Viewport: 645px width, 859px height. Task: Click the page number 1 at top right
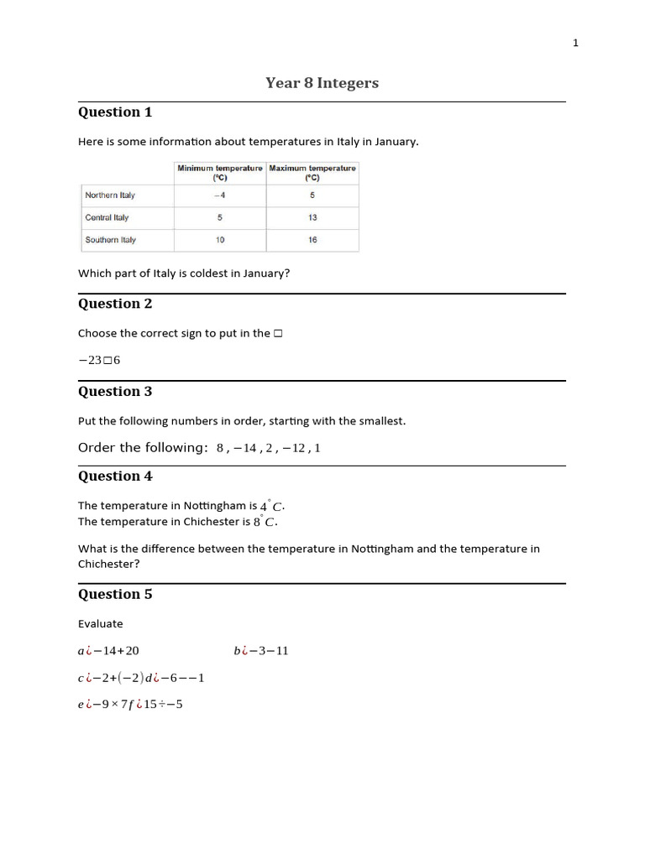pyautogui.click(x=575, y=43)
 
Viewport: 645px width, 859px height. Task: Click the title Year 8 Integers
pyautogui.click(x=322, y=82)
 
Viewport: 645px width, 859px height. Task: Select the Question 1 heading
pyautogui.click(x=115, y=112)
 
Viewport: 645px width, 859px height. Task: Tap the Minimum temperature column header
pyautogui.click(x=219, y=173)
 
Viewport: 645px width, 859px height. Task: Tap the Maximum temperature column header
pyautogui.click(x=312, y=173)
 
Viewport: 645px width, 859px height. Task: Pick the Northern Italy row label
pyautogui.click(x=110, y=195)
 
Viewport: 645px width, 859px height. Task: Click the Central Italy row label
pyautogui.click(x=107, y=217)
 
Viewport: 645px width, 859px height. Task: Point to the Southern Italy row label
pyautogui.click(x=110, y=240)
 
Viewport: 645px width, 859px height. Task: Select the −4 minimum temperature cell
pyautogui.click(x=219, y=195)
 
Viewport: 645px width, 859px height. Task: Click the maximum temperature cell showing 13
pyautogui.click(x=312, y=217)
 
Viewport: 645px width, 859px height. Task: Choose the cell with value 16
pyautogui.click(x=312, y=240)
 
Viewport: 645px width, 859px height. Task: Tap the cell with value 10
pyautogui.click(x=219, y=240)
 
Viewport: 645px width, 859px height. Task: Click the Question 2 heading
pyautogui.click(x=115, y=304)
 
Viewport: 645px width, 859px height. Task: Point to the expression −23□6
pyautogui.click(x=99, y=360)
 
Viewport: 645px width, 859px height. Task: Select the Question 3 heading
pyautogui.click(x=115, y=391)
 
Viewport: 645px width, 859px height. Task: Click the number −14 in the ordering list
pyautogui.click(x=250, y=448)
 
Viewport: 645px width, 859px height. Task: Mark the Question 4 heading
pyautogui.click(x=115, y=476)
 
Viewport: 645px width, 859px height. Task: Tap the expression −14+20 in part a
pyautogui.click(x=117, y=651)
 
